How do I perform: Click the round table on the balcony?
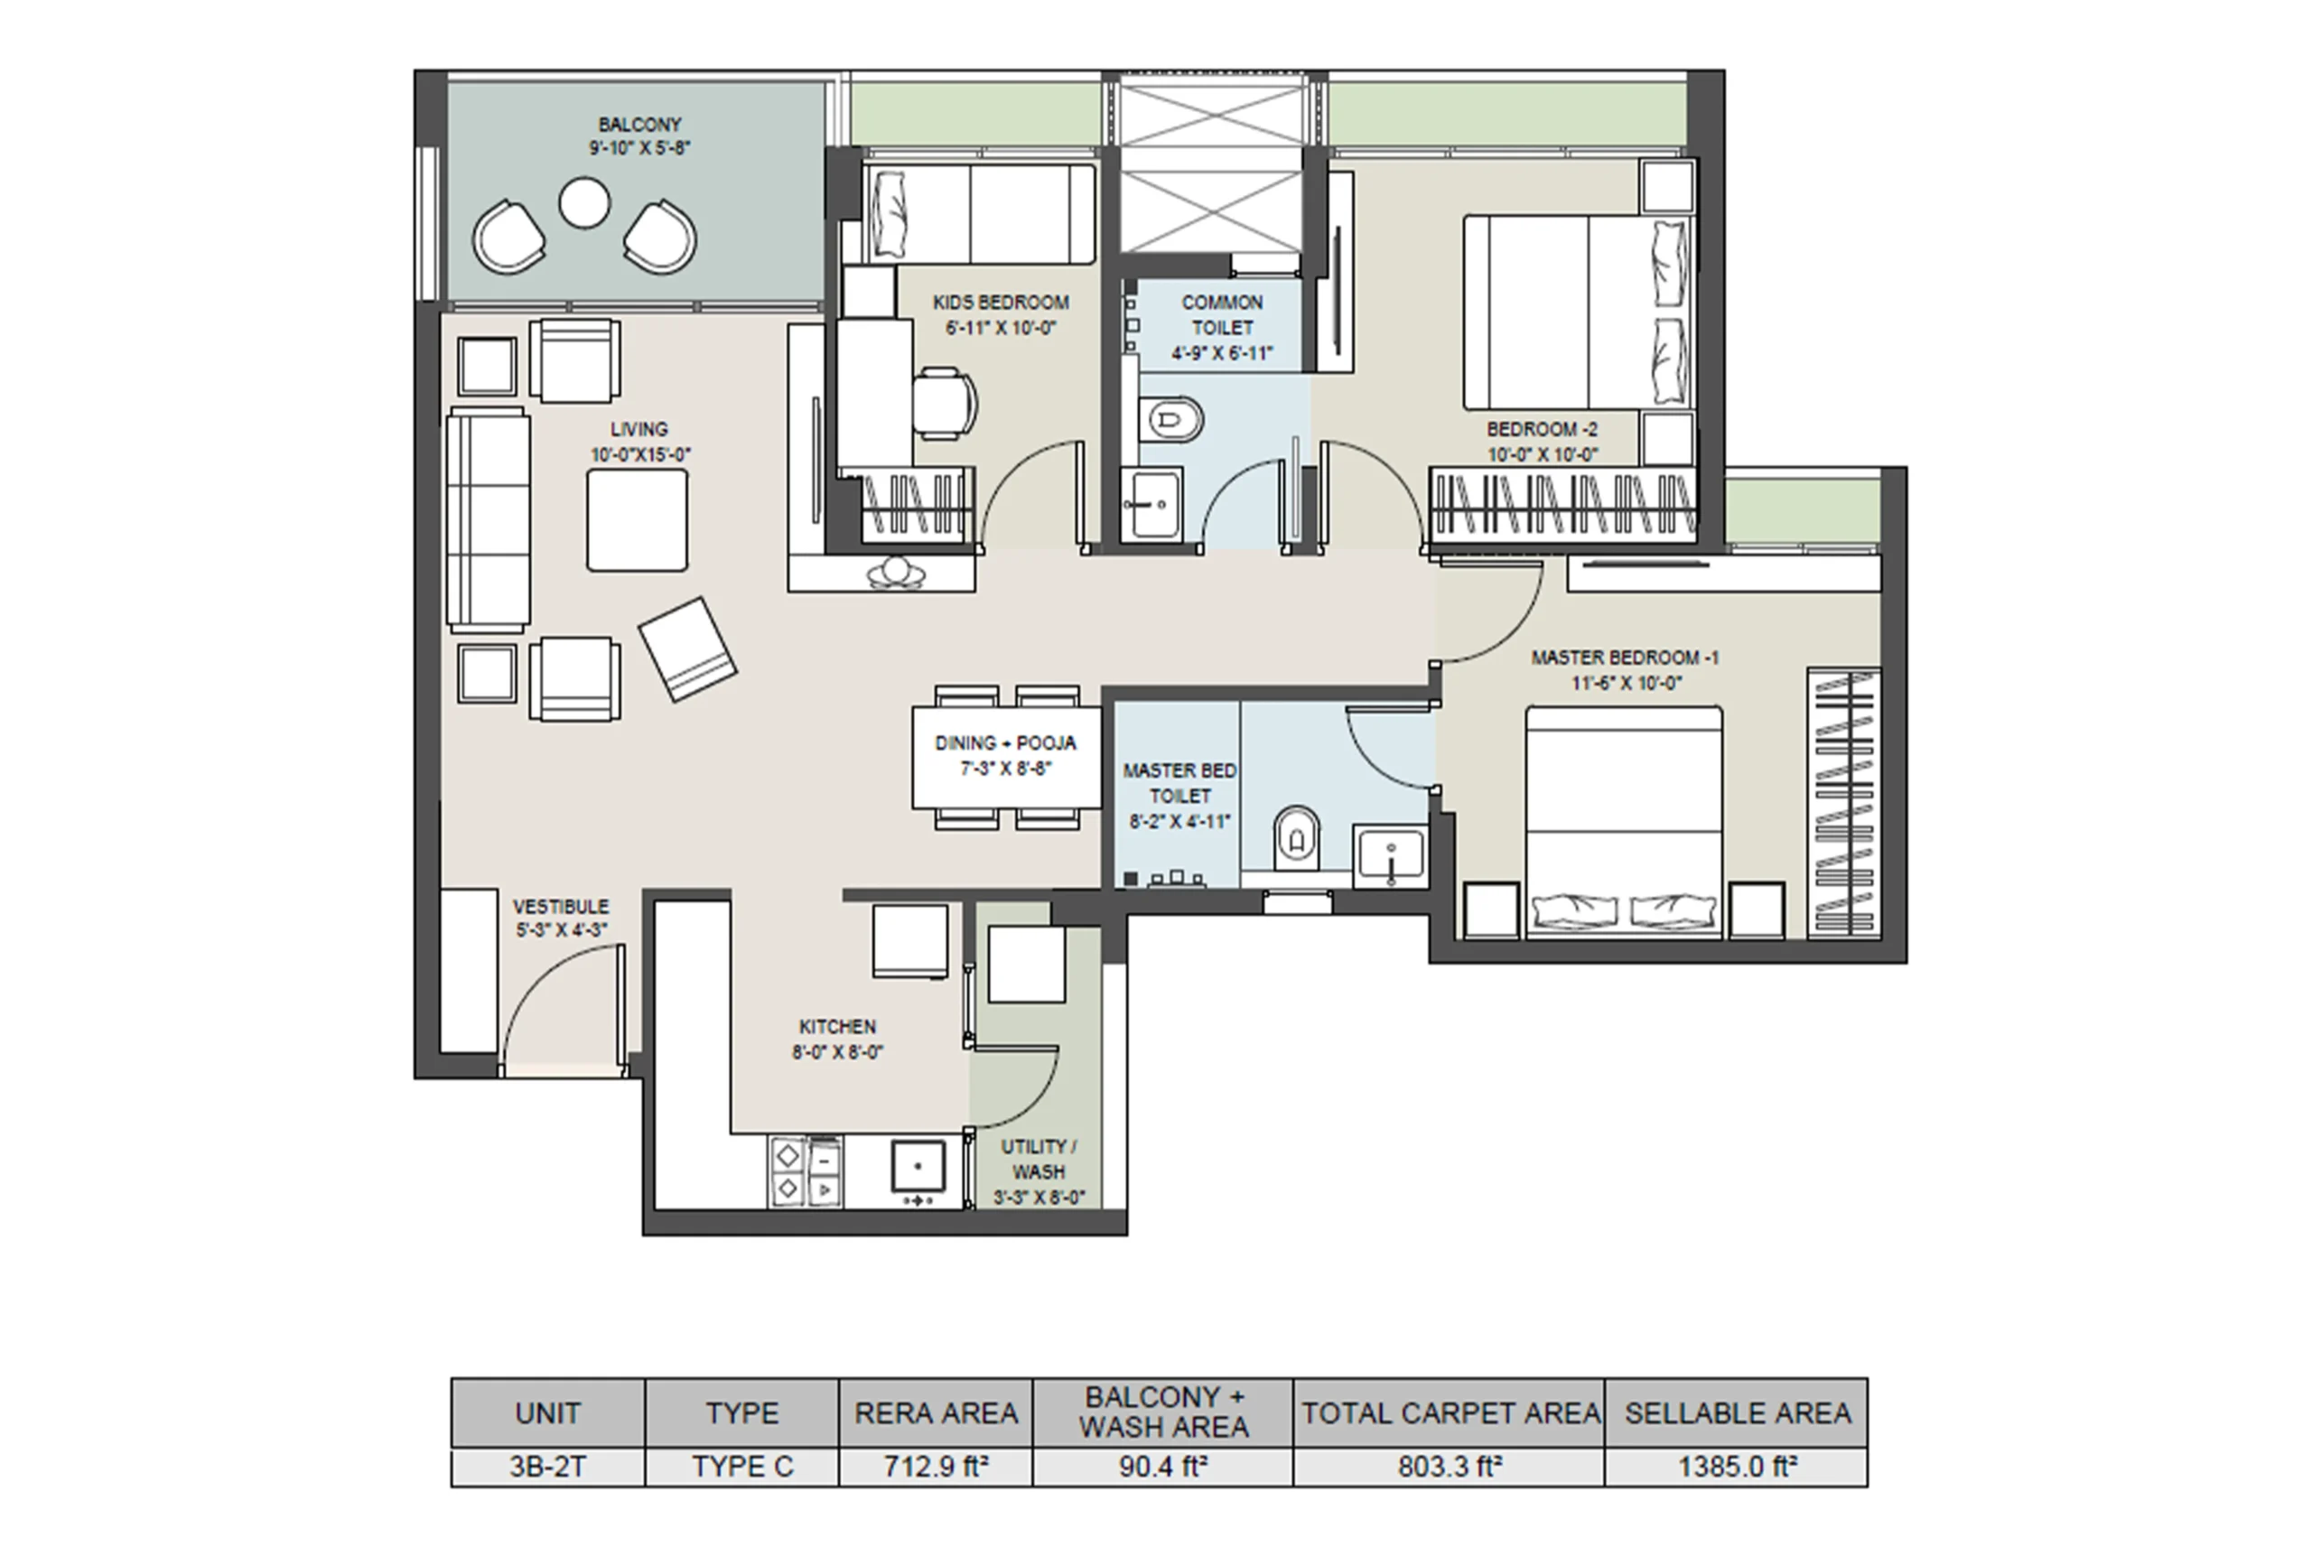[x=584, y=203]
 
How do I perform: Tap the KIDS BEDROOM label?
[x=1001, y=302]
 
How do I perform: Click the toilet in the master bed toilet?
[x=1296, y=839]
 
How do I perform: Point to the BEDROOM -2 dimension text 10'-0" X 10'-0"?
[x=1543, y=455]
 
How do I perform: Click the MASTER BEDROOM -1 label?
[x=1625, y=657]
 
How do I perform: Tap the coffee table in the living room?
[x=637, y=520]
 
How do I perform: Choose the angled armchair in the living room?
[x=687, y=648]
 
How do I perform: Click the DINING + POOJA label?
[x=1005, y=743]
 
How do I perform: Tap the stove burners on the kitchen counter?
[x=806, y=1172]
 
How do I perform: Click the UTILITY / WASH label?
[x=1039, y=1160]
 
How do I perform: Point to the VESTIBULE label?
[x=561, y=906]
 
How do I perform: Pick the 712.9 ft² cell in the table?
[x=936, y=1467]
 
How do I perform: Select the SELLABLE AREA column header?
[x=1738, y=1413]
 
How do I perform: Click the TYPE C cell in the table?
[x=742, y=1467]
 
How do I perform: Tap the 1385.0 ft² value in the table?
[x=1738, y=1467]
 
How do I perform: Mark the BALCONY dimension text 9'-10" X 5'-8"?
[x=639, y=148]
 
